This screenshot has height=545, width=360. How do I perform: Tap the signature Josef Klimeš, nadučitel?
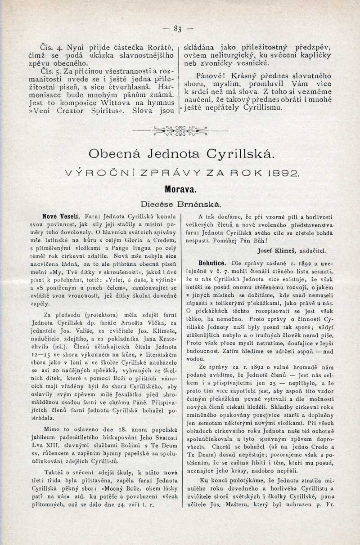(292, 251)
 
